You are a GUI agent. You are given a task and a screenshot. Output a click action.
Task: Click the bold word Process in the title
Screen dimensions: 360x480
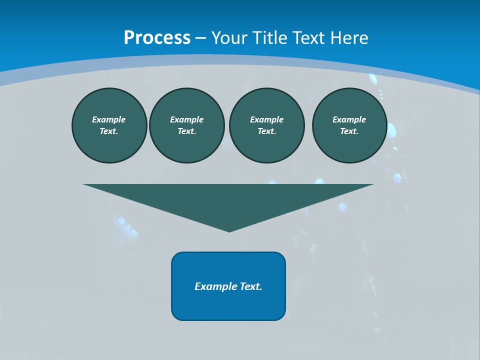pyautogui.click(x=157, y=38)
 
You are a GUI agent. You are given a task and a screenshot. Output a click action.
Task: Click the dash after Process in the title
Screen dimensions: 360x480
pyautogui.click(x=200, y=38)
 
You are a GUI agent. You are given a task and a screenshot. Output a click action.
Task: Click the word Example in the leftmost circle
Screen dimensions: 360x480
pyautogui.click(x=109, y=119)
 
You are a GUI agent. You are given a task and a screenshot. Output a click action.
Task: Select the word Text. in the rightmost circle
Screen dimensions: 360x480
pyautogui.click(x=349, y=131)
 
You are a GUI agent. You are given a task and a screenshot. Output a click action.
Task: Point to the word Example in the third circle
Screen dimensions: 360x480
pyautogui.click(x=266, y=119)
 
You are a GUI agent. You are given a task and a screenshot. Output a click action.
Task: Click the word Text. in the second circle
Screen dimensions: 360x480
pyautogui.click(x=186, y=131)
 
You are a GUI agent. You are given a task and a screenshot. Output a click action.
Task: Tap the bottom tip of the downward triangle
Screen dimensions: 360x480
pyautogui.click(x=229, y=230)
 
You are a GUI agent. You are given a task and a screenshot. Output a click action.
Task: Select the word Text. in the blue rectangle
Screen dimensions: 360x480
pyautogui.click(x=251, y=286)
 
